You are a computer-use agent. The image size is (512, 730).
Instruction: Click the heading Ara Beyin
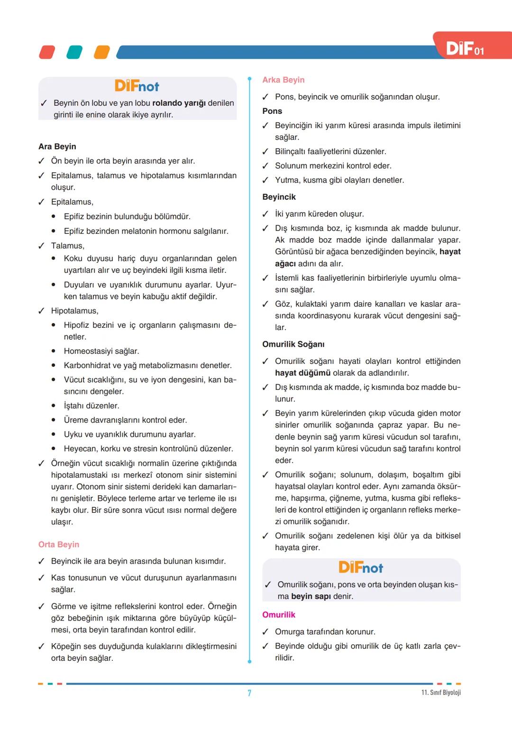pyautogui.click(x=57, y=147)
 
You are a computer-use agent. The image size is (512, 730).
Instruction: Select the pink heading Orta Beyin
pyautogui.click(x=59, y=545)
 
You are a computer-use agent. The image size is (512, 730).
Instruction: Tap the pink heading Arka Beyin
pyautogui.click(x=283, y=80)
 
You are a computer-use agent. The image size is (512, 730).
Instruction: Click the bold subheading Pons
pyautogui.click(x=272, y=111)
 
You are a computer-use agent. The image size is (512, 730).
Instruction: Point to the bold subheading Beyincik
pyautogui.click(x=279, y=197)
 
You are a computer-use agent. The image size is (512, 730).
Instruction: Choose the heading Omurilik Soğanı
pyautogui.click(x=293, y=344)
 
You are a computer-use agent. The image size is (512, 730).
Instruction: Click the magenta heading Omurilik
pyautogui.click(x=279, y=615)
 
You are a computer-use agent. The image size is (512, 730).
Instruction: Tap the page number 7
pyautogui.click(x=249, y=693)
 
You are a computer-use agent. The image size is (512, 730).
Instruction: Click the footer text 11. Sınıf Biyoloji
pyautogui.click(x=441, y=693)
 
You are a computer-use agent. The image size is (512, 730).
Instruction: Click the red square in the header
pyautogui.click(x=47, y=52)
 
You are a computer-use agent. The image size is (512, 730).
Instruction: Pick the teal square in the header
pyautogui.click(x=74, y=52)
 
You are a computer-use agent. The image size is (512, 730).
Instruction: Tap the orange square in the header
pyautogui.click(x=102, y=52)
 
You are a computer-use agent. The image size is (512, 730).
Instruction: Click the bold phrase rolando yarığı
pyautogui.click(x=180, y=103)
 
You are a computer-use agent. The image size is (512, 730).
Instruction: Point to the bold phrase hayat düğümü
pyautogui.click(x=303, y=373)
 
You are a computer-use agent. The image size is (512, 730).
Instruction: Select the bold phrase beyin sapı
pyautogui.click(x=311, y=596)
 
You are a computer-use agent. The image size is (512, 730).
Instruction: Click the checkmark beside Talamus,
pyautogui.click(x=41, y=246)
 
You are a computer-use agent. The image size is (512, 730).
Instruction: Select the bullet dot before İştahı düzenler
pyautogui.click(x=54, y=406)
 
